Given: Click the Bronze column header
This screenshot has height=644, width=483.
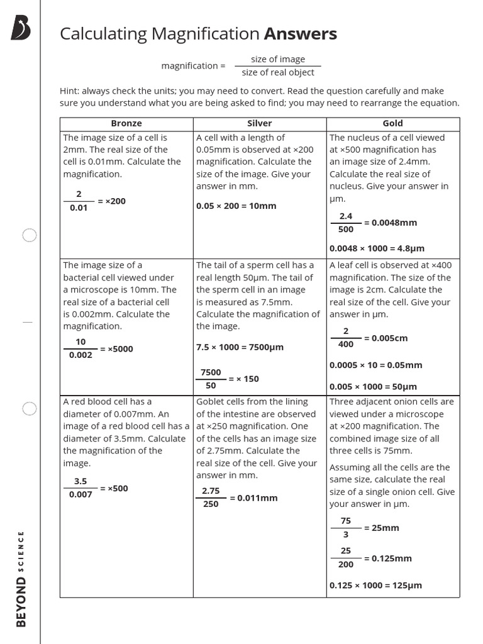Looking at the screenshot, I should pos(126,123).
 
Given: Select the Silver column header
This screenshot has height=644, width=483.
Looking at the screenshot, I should pos(260,123).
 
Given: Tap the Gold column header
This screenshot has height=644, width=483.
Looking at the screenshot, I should pos(392,123).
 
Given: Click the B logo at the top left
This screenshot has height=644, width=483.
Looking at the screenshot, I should pos(21,29).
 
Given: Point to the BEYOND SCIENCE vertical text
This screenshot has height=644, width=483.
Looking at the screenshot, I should pos(21,579).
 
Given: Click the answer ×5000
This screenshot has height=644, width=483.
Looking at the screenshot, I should pos(116,349).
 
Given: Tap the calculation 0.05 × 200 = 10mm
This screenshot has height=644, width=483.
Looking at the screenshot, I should pos(236,206).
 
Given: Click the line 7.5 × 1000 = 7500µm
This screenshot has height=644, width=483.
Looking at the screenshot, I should pos(240,347).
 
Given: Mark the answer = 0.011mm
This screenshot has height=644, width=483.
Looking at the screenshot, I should pos(253,498).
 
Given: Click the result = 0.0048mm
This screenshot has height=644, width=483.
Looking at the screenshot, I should pos(390,223).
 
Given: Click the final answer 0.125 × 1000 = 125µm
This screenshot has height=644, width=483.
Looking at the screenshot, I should pos(375,586).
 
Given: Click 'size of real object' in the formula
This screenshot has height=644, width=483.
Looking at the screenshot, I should pos(277,72).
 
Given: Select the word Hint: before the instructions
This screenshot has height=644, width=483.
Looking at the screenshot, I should pos(70,91).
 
